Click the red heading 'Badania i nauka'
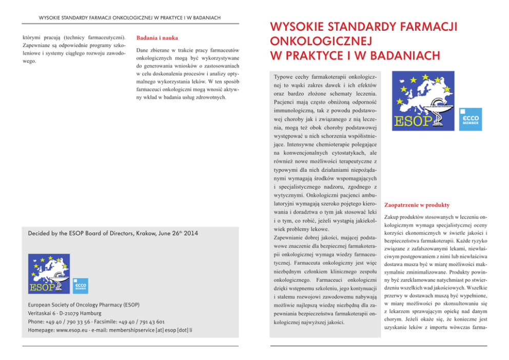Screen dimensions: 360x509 point(157,38)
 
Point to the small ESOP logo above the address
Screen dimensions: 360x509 point(49,273)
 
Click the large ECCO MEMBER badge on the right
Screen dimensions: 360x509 point(471,119)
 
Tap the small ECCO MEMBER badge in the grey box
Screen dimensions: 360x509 point(81,286)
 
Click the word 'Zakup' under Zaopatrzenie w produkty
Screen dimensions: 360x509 point(393,216)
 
